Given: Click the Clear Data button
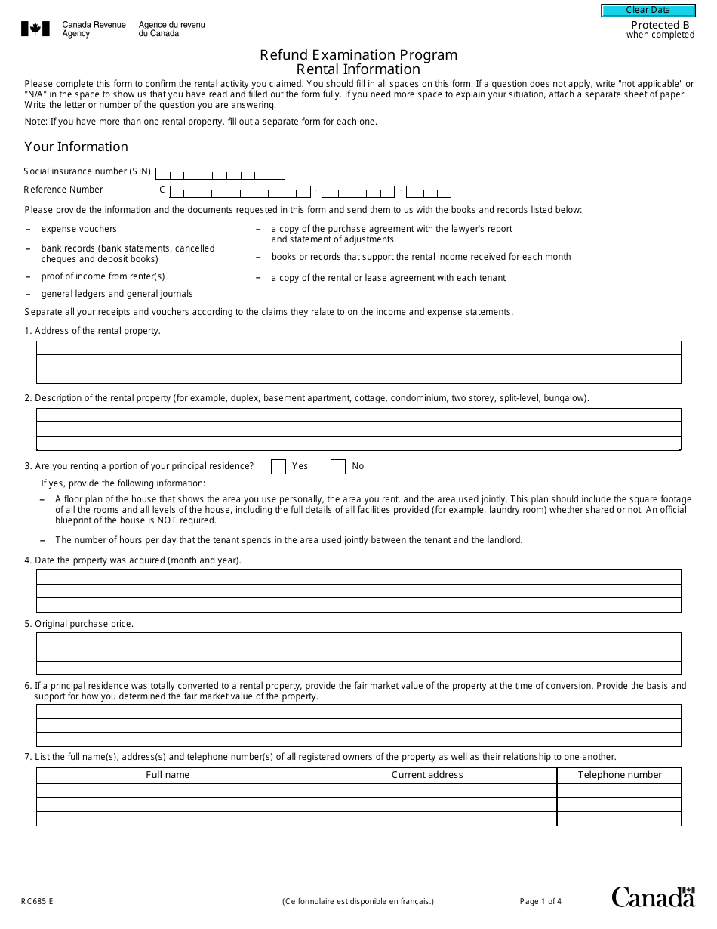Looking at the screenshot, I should point(648,11).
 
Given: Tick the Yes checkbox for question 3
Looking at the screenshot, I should point(278,467).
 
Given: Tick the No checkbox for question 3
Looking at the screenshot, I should point(338,467).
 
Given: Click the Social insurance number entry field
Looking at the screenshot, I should point(220,173).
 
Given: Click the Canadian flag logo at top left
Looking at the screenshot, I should point(35,29).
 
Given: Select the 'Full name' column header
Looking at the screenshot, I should point(167,775).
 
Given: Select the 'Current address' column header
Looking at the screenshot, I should point(427,775).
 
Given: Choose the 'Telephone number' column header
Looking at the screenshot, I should point(619,775).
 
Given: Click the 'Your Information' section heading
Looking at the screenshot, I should point(76,147).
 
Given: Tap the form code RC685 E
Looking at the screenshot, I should point(37,901).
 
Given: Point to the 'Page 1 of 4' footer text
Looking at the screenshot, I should point(540,901).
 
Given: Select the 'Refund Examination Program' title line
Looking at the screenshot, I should point(358,54).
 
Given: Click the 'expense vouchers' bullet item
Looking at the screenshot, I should point(78,229).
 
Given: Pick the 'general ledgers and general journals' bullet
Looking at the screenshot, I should point(116,294).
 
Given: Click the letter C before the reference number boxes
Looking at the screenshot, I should point(162,190).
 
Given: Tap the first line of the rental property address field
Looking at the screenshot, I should point(358,348).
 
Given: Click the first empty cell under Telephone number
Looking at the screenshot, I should point(619,791).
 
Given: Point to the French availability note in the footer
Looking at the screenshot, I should point(358,901).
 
